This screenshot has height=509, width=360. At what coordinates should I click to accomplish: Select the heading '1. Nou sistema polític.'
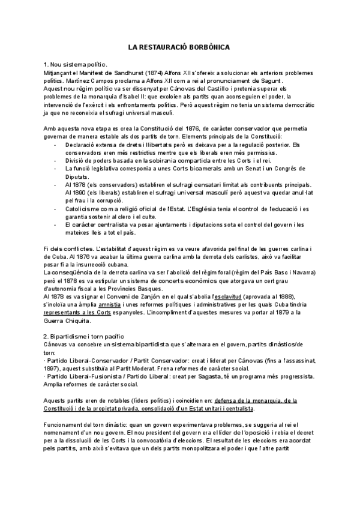76,64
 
